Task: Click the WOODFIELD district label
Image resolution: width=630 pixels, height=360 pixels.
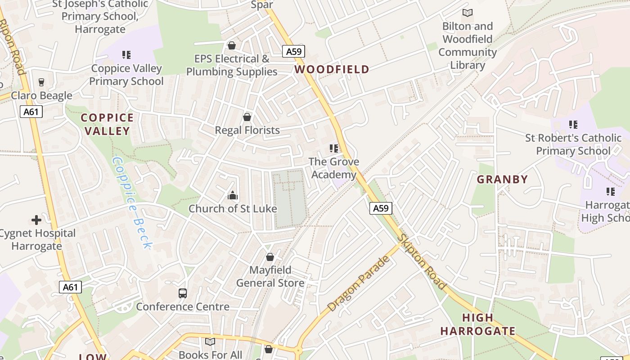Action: [x=332, y=69]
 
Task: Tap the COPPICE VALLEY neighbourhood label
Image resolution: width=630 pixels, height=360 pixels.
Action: [x=107, y=124]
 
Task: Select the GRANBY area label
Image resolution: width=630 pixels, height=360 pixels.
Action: [x=502, y=180]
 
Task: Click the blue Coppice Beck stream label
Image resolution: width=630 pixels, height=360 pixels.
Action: [x=132, y=202]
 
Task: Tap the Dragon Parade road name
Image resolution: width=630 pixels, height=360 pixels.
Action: [x=359, y=284]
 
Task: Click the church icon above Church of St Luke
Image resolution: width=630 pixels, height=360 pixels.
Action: [x=233, y=195]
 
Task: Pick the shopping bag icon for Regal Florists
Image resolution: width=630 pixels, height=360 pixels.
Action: [x=247, y=117]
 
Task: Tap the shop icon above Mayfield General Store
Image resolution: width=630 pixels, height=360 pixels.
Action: [x=270, y=257]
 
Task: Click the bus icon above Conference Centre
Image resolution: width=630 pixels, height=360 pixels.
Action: [x=183, y=293]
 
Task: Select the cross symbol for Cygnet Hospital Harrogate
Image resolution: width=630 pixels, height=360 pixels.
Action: [x=36, y=220]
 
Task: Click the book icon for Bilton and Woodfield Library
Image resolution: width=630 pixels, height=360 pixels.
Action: [x=468, y=13]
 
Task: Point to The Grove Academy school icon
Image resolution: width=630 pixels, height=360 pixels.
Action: [x=334, y=148]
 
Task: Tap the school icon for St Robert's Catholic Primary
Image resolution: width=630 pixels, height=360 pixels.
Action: [x=573, y=124]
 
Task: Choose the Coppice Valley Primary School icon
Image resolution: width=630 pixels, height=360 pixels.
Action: [x=126, y=55]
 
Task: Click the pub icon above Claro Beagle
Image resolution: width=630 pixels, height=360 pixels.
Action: [x=41, y=82]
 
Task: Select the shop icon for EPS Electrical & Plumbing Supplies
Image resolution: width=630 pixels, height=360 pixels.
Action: [x=232, y=45]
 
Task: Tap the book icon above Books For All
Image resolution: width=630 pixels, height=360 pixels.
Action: [x=210, y=342]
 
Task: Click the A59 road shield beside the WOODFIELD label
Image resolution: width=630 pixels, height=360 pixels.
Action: [x=294, y=52]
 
